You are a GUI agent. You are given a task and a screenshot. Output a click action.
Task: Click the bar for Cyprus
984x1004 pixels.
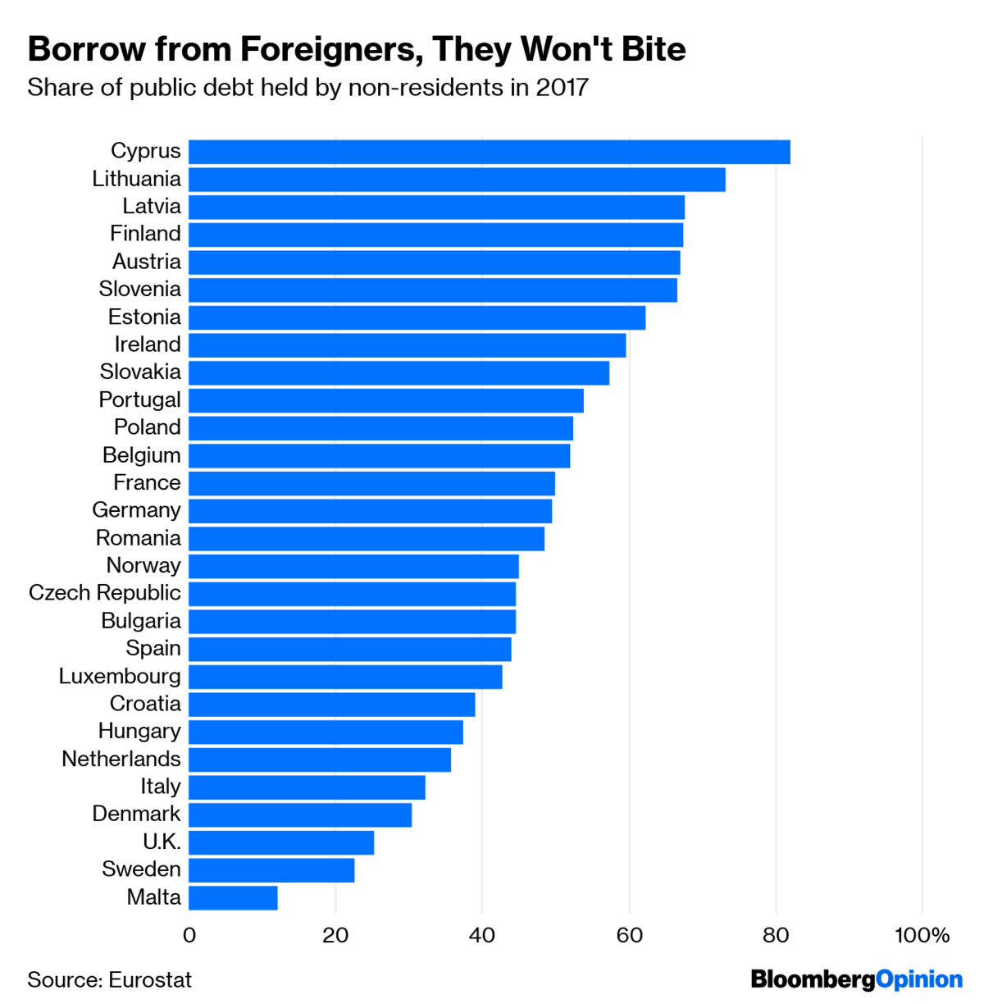point(489,153)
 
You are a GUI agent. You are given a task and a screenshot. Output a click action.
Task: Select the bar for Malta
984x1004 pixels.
point(233,897)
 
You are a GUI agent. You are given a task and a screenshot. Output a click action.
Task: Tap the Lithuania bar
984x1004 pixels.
point(457,180)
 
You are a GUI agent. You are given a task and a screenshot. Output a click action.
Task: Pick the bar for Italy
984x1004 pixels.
point(307,787)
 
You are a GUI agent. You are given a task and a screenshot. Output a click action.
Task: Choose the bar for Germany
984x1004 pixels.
point(370,511)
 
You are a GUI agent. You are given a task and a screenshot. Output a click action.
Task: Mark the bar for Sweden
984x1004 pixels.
point(271,870)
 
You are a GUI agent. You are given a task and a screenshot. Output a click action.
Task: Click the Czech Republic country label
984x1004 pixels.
point(104,593)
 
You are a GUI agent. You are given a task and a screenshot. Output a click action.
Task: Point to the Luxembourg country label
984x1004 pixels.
point(120,677)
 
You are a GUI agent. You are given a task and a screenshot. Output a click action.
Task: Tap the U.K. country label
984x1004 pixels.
point(162,842)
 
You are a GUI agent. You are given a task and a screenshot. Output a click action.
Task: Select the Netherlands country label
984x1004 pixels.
point(121,760)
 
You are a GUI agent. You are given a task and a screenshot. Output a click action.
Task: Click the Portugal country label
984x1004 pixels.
point(139,400)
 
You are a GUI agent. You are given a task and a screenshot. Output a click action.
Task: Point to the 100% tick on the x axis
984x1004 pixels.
point(922,935)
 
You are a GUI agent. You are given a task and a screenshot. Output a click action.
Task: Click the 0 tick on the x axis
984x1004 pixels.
point(189,935)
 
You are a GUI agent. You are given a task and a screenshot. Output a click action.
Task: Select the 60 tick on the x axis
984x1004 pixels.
point(629,935)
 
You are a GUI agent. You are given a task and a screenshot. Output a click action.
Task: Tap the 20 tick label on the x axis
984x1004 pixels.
point(335,935)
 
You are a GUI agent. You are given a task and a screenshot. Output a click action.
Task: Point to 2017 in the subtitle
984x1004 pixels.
point(562,88)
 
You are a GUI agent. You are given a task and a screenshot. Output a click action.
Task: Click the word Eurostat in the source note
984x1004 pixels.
point(150,980)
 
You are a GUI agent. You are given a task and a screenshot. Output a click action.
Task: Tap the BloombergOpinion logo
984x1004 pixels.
point(856,979)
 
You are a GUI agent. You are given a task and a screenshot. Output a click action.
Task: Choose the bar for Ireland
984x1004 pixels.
point(407,345)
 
